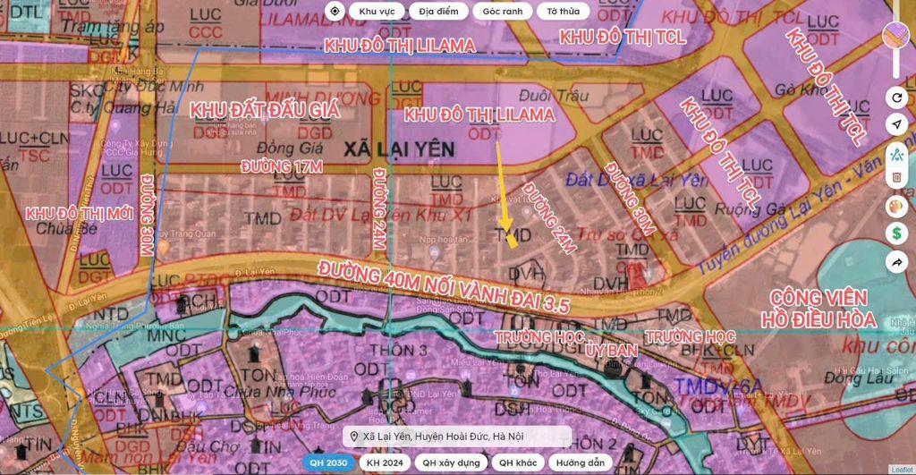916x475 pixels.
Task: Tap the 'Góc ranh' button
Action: point(502,12)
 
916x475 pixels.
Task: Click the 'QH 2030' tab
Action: point(327,462)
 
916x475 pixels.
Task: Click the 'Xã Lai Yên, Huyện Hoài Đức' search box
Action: point(459,436)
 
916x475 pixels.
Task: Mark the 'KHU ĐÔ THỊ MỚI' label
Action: point(74,215)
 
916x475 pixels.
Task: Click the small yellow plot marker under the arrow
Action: point(512,240)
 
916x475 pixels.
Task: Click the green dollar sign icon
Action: point(895,233)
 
